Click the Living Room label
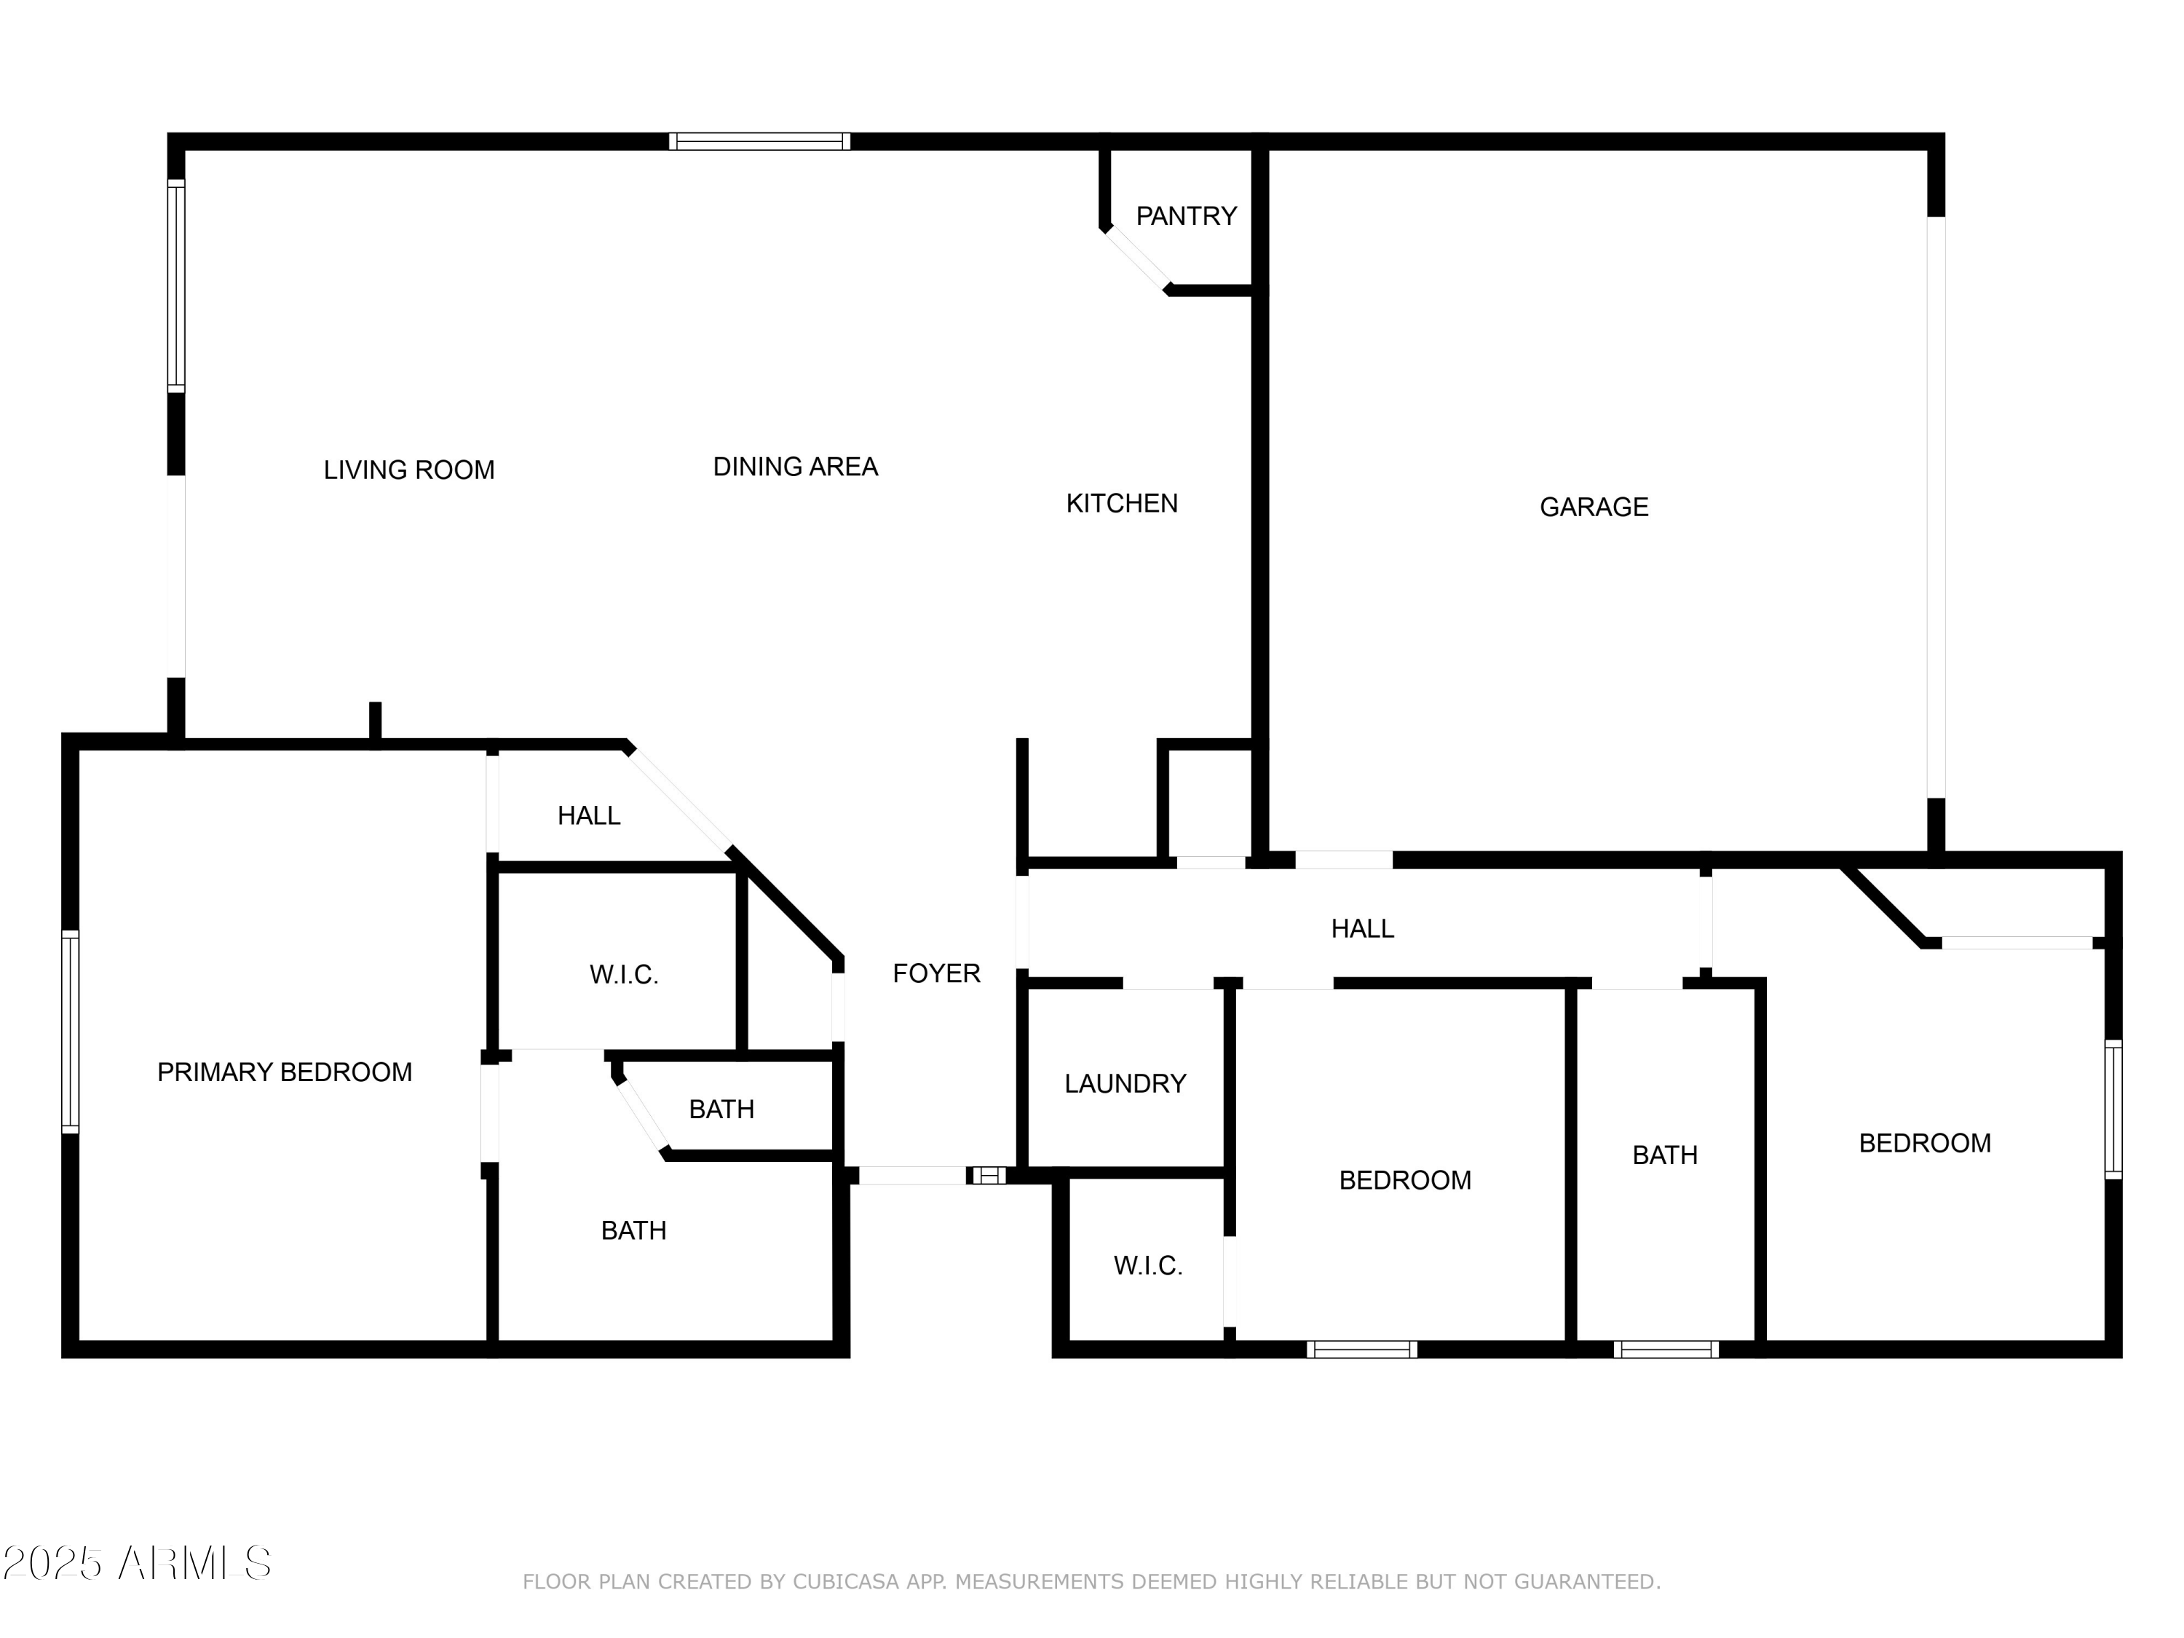(x=408, y=470)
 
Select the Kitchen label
(x=1122, y=504)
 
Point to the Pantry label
(x=1186, y=216)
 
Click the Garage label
(x=1594, y=507)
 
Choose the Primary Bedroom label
(x=285, y=1072)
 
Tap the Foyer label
(x=936, y=973)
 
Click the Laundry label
(x=1125, y=1084)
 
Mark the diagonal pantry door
(x=1137, y=258)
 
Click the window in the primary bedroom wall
(x=70, y=1032)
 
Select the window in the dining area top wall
(x=759, y=141)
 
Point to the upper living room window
(x=175, y=286)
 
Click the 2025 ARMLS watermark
(x=138, y=1563)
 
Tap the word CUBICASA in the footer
(x=846, y=1582)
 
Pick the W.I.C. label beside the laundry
(x=1147, y=1266)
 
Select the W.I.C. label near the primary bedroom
(x=623, y=976)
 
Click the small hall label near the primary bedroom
(x=588, y=815)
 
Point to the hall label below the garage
(x=1361, y=929)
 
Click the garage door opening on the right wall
(x=1936, y=507)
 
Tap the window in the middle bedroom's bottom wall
(x=1361, y=1350)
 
